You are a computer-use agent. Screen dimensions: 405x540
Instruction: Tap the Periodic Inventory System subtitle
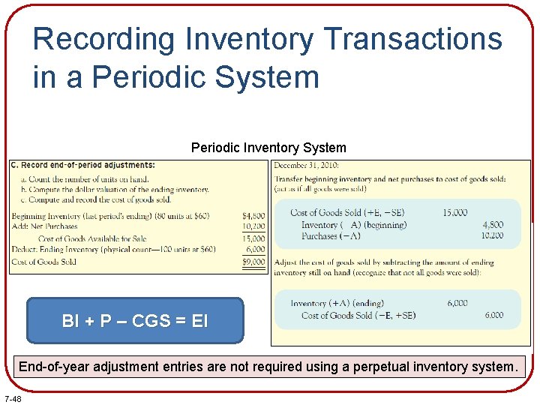pyautogui.click(x=268, y=148)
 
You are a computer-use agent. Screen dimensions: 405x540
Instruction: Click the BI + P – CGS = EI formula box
pyautogui.click(x=135, y=321)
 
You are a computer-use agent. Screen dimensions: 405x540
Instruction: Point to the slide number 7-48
pyautogui.click(x=13, y=397)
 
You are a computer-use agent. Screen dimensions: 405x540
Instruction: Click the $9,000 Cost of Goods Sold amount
pyautogui.click(x=253, y=262)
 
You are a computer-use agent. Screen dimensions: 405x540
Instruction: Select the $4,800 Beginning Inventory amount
pyautogui.click(x=253, y=216)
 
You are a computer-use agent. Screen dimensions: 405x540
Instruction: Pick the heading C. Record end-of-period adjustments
pyautogui.click(x=83, y=165)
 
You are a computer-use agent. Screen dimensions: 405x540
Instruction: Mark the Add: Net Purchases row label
pyautogui.click(x=45, y=226)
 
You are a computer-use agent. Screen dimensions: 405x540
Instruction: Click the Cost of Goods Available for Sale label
pyautogui.click(x=92, y=238)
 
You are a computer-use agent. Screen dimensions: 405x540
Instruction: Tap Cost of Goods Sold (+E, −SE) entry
pyautogui.click(x=347, y=213)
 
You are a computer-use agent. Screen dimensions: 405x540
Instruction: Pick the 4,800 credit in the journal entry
pyautogui.click(x=493, y=224)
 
